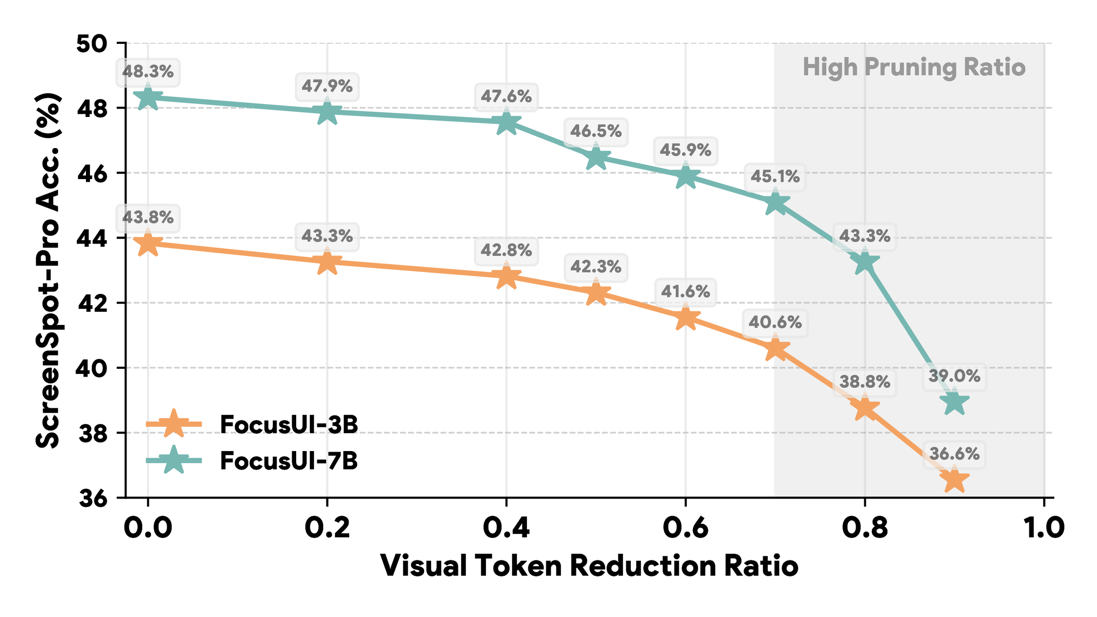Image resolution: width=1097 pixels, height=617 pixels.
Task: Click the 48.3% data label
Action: click(148, 72)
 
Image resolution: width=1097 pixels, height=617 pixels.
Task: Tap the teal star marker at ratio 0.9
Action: click(954, 402)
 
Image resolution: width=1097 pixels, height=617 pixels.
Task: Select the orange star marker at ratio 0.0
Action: click(148, 244)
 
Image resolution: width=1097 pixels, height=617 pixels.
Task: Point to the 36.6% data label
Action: click(954, 454)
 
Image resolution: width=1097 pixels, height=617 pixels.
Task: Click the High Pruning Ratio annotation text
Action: click(914, 68)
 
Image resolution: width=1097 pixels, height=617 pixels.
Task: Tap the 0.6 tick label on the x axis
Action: click(685, 528)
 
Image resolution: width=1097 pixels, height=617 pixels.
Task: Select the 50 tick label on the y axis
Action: click(91, 44)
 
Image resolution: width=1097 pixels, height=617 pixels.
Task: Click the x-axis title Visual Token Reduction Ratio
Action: click(589, 566)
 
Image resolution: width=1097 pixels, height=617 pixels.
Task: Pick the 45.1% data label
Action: click(775, 176)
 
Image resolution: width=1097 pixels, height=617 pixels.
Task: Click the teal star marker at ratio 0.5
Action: click(596, 158)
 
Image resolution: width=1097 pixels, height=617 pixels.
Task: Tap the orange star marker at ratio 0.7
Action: click(775, 349)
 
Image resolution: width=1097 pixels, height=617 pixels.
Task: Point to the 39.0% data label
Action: click(954, 377)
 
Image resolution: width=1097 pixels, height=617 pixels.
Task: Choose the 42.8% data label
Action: click(506, 250)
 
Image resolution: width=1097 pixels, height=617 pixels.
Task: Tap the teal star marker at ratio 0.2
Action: click(327, 111)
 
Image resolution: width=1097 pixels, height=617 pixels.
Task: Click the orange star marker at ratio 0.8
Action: click(865, 407)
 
